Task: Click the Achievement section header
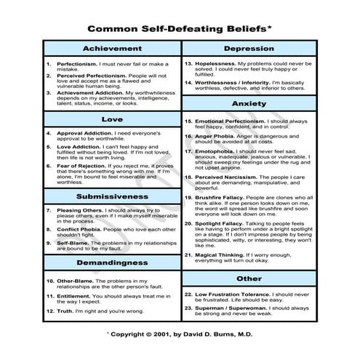(111, 49)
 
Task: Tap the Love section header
(111, 119)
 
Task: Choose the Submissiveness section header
(111, 197)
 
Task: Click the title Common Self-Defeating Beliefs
(178, 30)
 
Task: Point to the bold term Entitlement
(76, 297)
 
